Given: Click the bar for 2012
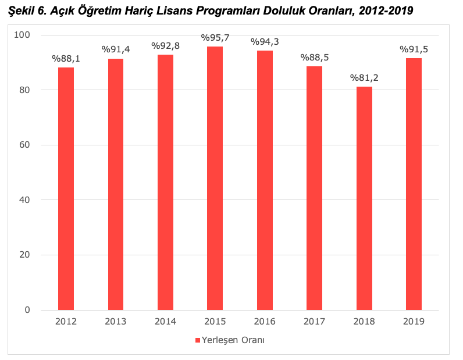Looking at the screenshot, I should (66, 188).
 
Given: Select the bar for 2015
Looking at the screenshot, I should (215, 178).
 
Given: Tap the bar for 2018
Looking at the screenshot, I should (364, 198).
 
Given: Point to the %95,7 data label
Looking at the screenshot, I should (215, 38).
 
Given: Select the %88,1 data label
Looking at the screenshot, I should (66, 58).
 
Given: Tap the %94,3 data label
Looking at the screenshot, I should (265, 42).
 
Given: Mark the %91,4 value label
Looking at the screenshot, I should (116, 49).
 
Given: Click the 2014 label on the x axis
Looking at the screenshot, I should (165, 321).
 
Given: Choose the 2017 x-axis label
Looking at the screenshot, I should (314, 321).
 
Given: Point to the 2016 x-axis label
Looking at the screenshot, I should (265, 321).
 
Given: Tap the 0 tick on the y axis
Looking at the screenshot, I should (27, 310).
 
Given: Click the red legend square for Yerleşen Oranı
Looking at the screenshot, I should (197, 340).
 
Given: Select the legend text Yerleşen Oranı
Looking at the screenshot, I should (234, 340).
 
